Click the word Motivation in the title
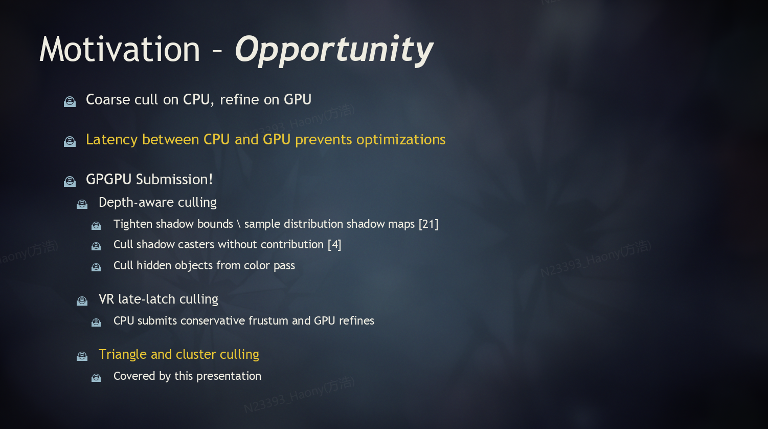point(120,50)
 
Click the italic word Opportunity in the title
point(334,51)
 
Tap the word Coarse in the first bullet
point(108,99)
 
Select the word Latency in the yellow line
point(111,140)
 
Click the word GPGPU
point(109,180)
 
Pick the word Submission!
point(174,180)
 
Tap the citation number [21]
point(428,224)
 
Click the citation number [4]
point(334,245)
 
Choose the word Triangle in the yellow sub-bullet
point(123,355)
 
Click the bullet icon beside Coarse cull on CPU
point(70,101)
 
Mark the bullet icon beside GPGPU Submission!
point(70,181)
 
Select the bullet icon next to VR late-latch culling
point(82,301)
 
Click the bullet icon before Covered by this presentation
point(96,377)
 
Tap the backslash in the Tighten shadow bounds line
point(239,224)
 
